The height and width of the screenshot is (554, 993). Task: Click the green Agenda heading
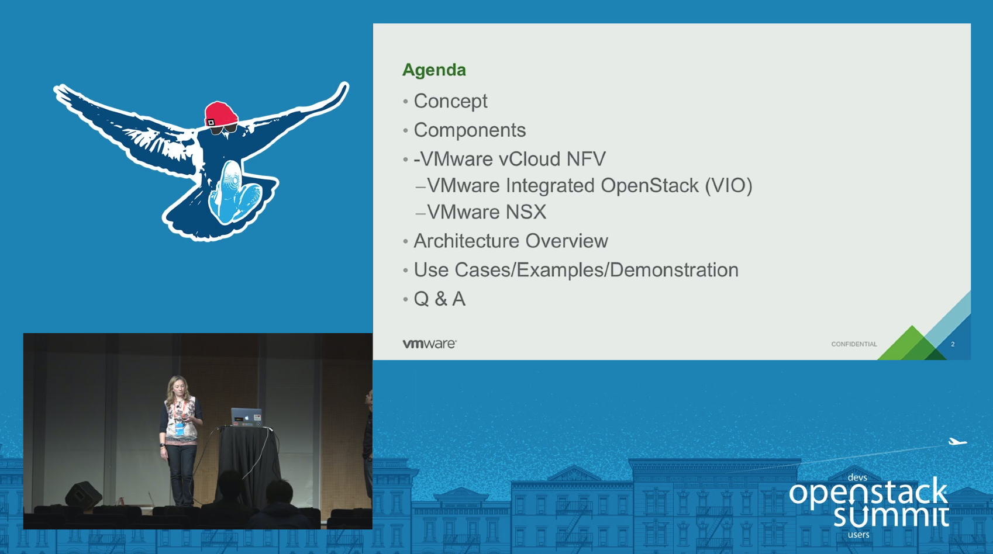coord(434,70)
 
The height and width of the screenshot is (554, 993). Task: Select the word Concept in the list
coord(450,101)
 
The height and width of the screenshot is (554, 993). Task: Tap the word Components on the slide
coord(470,130)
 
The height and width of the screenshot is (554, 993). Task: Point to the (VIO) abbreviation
coord(728,186)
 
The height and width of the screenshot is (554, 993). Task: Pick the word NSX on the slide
coord(526,212)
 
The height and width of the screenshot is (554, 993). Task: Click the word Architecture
coord(466,241)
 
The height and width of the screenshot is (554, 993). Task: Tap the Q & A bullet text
coord(439,299)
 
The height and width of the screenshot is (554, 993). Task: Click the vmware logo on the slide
coord(429,344)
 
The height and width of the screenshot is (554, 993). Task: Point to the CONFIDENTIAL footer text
coord(854,344)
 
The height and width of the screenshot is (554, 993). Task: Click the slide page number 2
coord(953,344)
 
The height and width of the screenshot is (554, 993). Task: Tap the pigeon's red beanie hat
coord(220,112)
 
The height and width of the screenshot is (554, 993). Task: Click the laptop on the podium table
coord(246,417)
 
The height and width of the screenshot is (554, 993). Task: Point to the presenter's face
coord(177,386)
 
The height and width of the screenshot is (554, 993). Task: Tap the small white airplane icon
coord(957,442)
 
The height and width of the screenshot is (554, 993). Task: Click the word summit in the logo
coord(890,516)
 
